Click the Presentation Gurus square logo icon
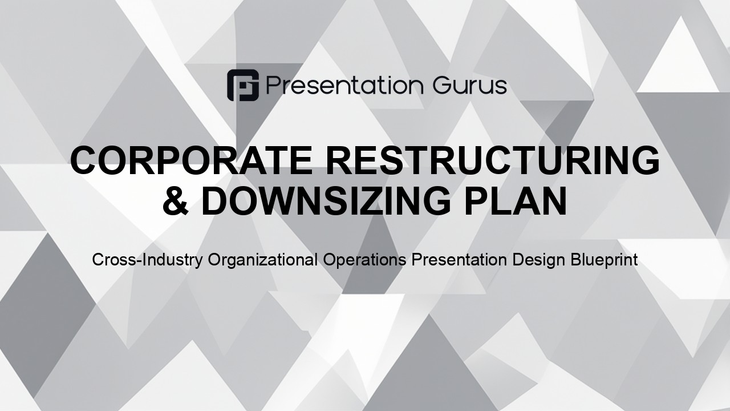click(x=243, y=85)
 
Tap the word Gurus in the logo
click(x=470, y=86)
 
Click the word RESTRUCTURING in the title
click(x=493, y=160)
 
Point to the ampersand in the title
click(x=176, y=200)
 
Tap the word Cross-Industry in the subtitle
click(x=147, y=260)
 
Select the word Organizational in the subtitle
click(x=263, y=260)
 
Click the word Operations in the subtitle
click(x=364, y=260)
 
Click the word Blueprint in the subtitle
click(x=604, y=260)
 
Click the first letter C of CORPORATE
click(x=84, y=160)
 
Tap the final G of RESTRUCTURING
click(x=645, y=160)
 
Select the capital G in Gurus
click(x=442, y=86)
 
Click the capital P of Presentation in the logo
click(x=273, y=86)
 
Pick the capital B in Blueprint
click(x=575, y=260)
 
